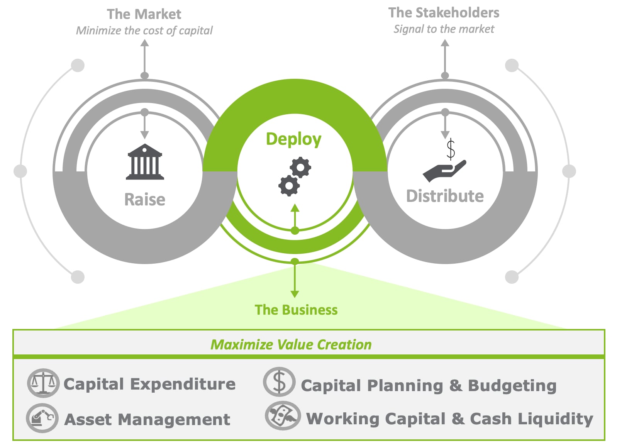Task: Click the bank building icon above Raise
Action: pos(145,162)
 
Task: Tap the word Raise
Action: pos(145,200)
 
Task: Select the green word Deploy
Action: pos(293,139)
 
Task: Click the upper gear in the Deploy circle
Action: pos(301,168)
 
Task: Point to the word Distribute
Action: pos(445,196)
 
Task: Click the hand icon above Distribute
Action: pos(444,170)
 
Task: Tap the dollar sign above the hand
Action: pos(450,149)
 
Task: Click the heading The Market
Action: pos(144,14)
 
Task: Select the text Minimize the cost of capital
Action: pos(144,31)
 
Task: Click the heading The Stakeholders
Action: pos(444,13)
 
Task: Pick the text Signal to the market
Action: pos(444,29)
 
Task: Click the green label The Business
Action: pos(296,310)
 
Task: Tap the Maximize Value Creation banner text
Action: pos(291,344)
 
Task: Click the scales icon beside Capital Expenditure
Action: pos(43,383)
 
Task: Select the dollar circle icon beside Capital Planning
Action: pos(279,382)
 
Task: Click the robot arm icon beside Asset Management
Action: pos(42,418)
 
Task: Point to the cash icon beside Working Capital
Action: pos(283,416)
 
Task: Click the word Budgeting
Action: pos(512,386)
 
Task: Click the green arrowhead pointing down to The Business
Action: pos(295,294)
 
